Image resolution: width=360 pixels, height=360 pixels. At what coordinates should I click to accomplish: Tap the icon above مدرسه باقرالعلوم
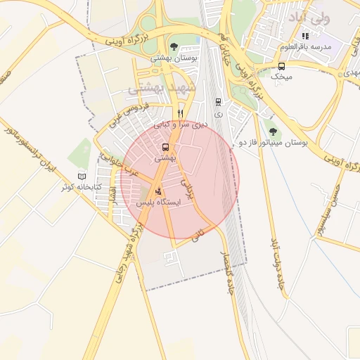pos(305,36)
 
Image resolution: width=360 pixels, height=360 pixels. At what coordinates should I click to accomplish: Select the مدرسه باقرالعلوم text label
pos(304,46)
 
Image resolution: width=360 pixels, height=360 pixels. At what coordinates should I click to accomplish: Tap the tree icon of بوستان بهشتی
pos(174,48)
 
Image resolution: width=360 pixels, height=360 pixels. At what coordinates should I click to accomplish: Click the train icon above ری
pos(218,102)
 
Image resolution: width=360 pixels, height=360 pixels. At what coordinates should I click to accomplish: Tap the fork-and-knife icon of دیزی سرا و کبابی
pos(181,113)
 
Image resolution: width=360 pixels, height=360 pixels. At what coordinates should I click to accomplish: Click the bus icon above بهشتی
pos(165,148)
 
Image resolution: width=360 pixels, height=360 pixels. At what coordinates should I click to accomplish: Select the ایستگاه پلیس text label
pos(161,202)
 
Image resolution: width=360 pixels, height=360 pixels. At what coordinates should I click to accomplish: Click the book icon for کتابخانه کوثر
pos(82,176)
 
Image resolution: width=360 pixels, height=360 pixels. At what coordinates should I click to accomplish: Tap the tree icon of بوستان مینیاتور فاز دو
pos(273,132)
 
